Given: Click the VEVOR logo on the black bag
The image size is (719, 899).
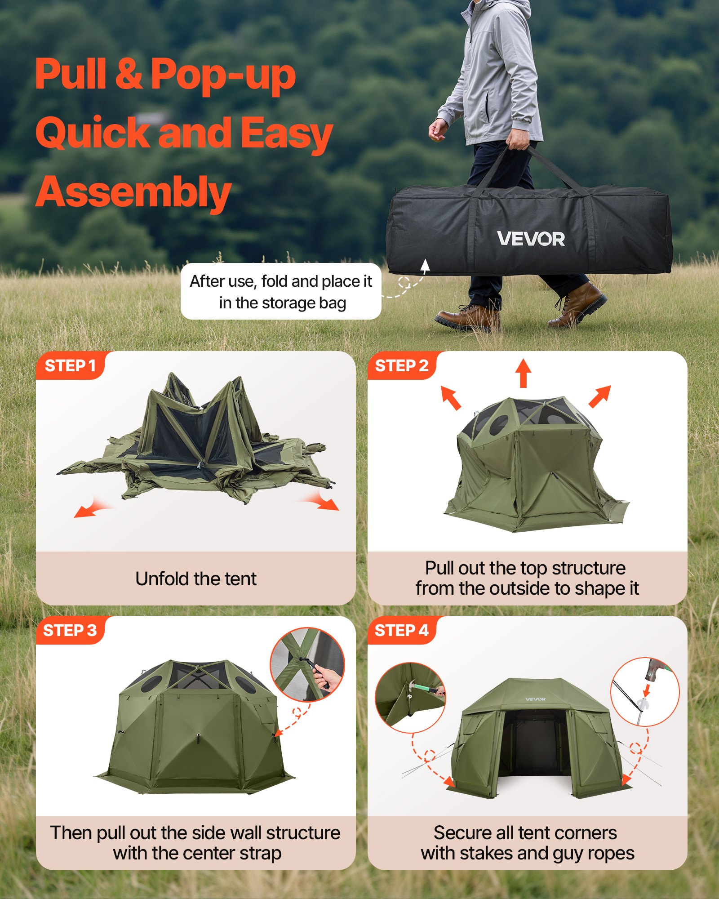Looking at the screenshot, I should coord(531,239).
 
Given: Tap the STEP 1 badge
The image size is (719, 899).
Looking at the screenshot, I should coord(70,366).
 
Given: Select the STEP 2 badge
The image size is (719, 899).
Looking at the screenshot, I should coord(402,366).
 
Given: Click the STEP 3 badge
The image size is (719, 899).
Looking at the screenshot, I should coord(70,631).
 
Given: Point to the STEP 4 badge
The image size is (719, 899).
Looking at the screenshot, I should coord(402,631).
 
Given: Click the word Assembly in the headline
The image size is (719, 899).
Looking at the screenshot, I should coord(133,192).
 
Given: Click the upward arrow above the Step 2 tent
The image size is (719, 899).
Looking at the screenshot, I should coord(523,373).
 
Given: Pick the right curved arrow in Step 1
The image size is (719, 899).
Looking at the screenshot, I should coord(323,501).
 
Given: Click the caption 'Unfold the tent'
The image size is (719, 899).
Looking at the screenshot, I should coord(196,579).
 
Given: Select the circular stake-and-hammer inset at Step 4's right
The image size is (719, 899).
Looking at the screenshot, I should coord(645,692).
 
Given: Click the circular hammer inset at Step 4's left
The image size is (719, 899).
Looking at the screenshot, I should coord(410,697).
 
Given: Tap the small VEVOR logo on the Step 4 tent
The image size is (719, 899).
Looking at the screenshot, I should coord(535,699).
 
